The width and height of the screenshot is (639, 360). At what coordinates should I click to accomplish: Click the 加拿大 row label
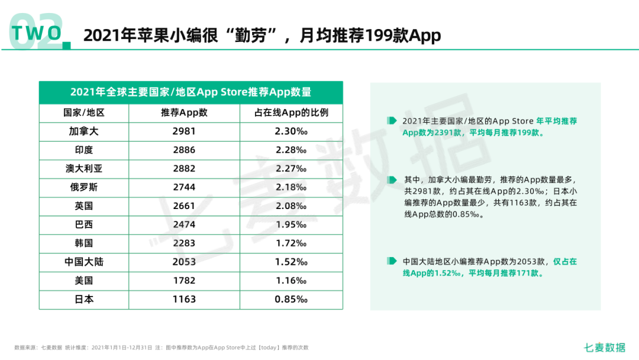[84, 131]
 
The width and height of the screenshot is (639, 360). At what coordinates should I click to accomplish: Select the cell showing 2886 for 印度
[184, 150]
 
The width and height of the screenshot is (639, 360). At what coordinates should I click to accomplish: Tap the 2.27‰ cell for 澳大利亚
[291, 169]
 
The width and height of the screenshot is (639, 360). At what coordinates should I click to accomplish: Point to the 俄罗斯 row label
[84, 187]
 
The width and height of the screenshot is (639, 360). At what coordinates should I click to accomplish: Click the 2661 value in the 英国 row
[184, 206]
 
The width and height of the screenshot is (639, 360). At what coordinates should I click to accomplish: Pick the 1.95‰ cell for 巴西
[291, 224]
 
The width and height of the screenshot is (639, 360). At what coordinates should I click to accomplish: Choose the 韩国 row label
[84, 243]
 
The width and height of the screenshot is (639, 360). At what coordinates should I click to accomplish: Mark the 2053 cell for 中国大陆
[184, 262]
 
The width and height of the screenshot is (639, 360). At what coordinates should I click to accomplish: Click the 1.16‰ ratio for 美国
[291, 281]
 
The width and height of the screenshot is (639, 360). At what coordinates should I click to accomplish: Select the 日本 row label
[84, 299]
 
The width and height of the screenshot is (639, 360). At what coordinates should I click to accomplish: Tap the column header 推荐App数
[184, 112]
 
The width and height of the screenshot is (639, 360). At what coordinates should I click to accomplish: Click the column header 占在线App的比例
[291, 112]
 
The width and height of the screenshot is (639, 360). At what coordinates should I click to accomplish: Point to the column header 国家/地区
[84, 112]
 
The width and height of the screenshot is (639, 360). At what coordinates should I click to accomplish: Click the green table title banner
[191, 92]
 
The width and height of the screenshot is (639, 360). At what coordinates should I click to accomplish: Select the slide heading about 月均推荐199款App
[262, 36]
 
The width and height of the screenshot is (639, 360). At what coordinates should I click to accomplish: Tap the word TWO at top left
[37, 33]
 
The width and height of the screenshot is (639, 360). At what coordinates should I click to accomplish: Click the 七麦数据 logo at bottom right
[604, 348]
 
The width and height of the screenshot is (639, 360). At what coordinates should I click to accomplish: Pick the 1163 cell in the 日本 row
[184, 299]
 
